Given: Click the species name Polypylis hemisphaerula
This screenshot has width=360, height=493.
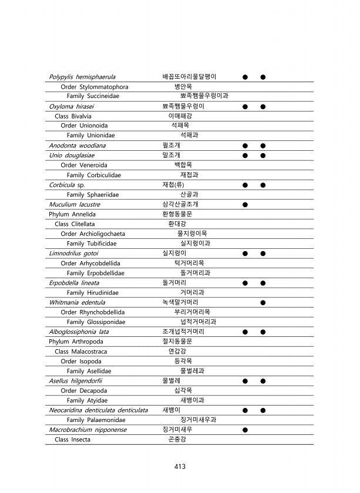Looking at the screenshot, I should tap(82, 77).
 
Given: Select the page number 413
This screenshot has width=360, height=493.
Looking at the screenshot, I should tap(180, 467).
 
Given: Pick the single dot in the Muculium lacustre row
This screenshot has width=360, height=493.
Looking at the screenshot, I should tap(245, 205).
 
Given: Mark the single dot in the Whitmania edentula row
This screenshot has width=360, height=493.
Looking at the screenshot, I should tap(263, 303).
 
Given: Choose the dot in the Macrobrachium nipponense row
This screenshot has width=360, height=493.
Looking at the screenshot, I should tap(245, 430).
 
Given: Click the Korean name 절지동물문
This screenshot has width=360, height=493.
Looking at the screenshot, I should tap(177, 342).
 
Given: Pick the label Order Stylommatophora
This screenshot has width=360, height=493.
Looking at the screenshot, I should tap(95, 87).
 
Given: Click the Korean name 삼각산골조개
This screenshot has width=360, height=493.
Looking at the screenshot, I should tap(180, 204).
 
